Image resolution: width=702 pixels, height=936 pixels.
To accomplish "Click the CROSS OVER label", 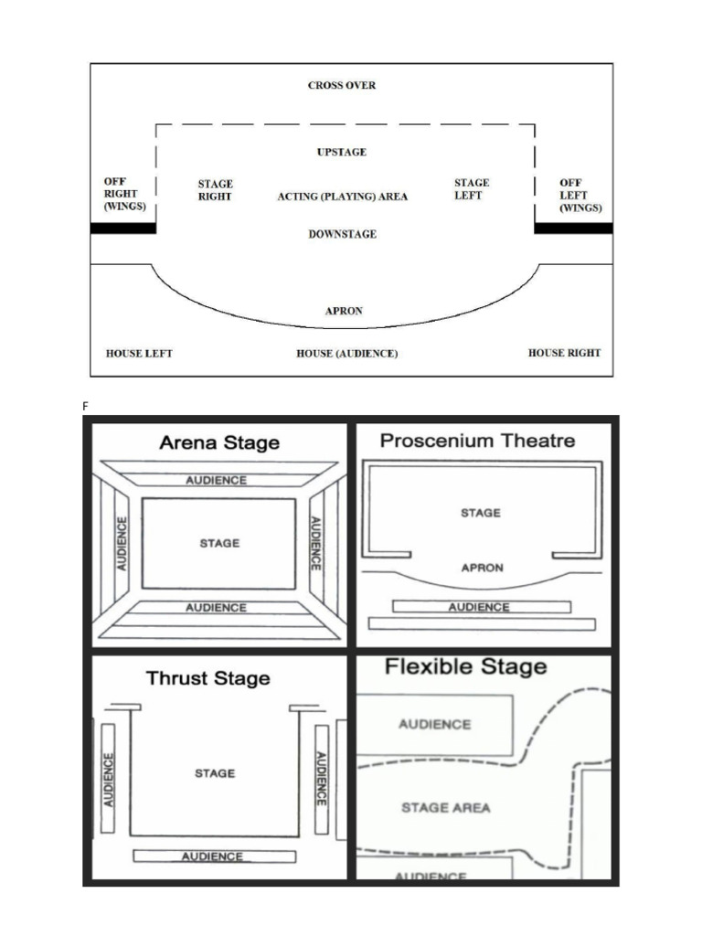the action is coord(342,85).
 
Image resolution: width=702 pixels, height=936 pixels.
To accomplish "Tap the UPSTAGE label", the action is coord(342,153).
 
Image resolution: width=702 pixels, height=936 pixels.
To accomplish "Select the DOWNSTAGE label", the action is coord(343,234).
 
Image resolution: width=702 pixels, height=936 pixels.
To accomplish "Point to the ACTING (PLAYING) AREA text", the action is coord(343,197).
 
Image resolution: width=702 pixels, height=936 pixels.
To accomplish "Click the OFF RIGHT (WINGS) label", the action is coord(124,194).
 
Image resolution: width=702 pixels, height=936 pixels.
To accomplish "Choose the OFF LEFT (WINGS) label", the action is coord(580,196).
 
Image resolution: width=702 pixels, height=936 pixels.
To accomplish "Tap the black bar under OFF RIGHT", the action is coord(123,228).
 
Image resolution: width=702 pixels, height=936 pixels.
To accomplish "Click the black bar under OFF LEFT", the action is coord(574,228).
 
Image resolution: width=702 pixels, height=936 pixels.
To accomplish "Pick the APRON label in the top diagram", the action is coord(344,311).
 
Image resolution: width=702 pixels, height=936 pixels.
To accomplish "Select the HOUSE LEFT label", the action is coord(139,354).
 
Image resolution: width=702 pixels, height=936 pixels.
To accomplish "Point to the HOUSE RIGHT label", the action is coord(564,353).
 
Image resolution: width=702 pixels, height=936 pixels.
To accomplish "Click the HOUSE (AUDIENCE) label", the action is coord(346,354).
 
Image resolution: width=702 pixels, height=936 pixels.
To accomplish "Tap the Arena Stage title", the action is coord(219,443).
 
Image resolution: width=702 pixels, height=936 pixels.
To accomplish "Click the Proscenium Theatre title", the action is coord(477,441).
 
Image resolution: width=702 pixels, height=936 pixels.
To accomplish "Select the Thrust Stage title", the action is coord(208,678).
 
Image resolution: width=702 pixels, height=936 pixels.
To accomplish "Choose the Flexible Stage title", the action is coord(465,666).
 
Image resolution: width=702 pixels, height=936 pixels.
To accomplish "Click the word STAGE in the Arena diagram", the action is coord(219,543).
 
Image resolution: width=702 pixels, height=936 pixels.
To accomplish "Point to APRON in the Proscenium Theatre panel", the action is coord(483,568).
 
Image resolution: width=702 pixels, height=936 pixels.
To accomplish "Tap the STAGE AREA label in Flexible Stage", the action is coord(446,808).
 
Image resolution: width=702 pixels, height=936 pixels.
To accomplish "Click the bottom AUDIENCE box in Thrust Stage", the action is coord(214,856).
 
